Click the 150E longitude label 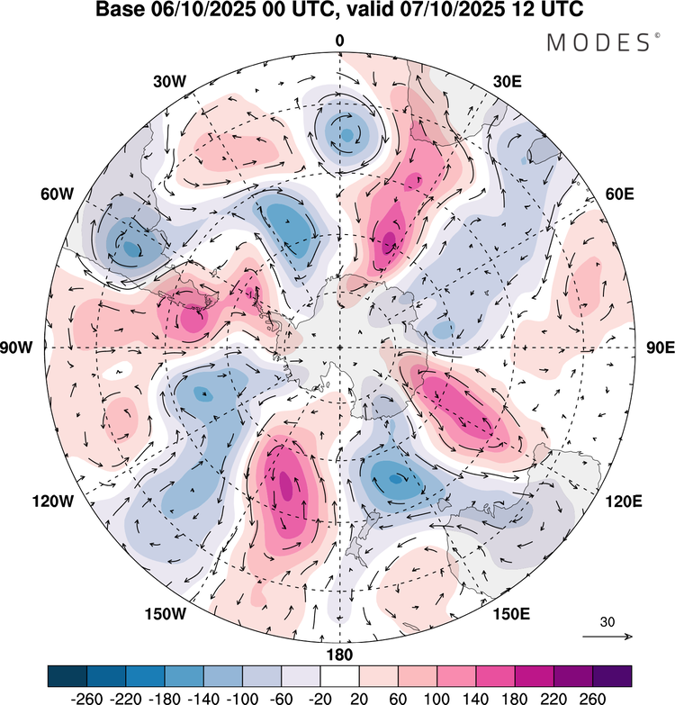(x=511, y=614)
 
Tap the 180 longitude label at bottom (x=339, y=655)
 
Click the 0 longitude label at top (x=339, y=41)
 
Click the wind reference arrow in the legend (x=607, y=637)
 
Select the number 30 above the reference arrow (x=607, y=621)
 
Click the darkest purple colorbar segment (x=612, y=675)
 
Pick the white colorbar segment (x=339, y=675)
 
